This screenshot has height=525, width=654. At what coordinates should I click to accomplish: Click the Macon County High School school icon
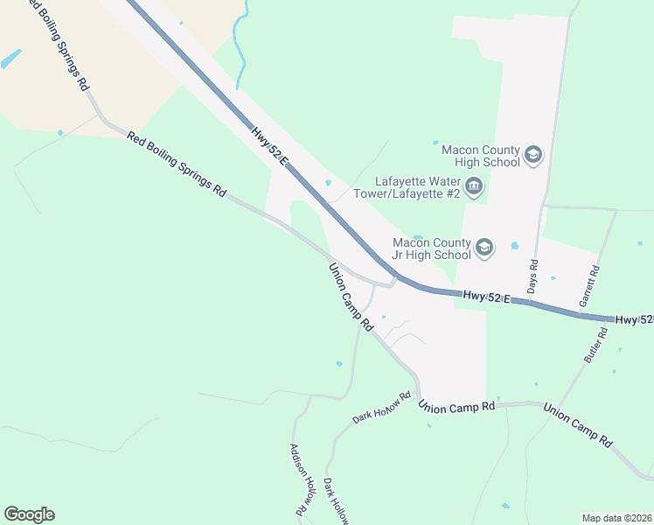tap(532, 156)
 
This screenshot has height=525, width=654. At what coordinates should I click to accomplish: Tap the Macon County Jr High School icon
tap(484, 248)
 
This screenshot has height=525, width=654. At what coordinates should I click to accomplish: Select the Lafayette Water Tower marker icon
tap(474, 185)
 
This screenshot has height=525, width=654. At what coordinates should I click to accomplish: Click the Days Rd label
tap(532, 276)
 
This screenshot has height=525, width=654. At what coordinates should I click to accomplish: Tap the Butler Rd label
tap(595, 345)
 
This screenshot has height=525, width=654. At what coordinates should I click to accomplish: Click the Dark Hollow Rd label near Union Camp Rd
tap(381, 409)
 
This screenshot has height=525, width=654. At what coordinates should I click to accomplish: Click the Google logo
tap(29, 514)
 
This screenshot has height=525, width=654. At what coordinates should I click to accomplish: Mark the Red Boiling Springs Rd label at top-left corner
tap(56, 44)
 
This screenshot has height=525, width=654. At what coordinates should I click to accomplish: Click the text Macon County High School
tap(481, 156)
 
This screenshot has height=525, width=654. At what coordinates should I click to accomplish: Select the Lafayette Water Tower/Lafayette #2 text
tap(407, 188)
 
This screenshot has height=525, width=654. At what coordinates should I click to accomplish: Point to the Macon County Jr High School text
tap(431, 248)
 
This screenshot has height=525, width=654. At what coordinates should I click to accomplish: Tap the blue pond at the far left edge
tap(11, 59)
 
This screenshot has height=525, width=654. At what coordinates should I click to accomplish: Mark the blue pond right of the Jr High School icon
tap(514, 246)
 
